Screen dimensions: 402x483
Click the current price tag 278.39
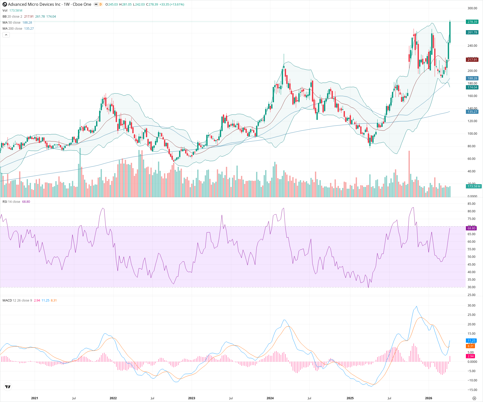pyautogui.click(x=472, y=22)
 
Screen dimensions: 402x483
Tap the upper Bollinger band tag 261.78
pyautogui.click(x=472, y=32)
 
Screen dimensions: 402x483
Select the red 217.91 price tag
pyautogui.click(x=472, y=60)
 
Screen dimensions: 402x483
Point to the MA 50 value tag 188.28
pyautogui.click(x=472, y=78)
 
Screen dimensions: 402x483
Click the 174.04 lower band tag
pyautogui.click(x=472, y=87)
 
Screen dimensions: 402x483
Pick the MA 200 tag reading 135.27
pyautogui.click(x=472, y=112)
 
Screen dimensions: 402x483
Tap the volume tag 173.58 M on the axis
pyautogui.click(x=474, y=186)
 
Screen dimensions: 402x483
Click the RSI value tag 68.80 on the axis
pyautogui.click(x=471, y=228)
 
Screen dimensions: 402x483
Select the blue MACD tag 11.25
pyautogui.click(x=471, y=341)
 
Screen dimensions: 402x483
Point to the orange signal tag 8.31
pyautogui.click(x=470, y=346)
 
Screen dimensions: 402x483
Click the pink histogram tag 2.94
pyautogui.click(x=470, y=356)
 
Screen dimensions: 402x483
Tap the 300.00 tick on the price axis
pyautogui.click(x=472, y=8)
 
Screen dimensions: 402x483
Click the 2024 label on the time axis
pyautogui.click(x=270, y=398)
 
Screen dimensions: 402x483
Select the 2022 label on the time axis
pyautogui.click(x=113, y=398)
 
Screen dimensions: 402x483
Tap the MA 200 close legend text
pyautogui.click(x=12, y=29)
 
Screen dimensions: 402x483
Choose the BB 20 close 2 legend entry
pyautogui.click(x=12, y=17)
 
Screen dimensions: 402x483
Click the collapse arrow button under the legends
pyautogui.click(x=6, y=35)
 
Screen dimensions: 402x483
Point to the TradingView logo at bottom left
pyautogui.click(x=8, y=387)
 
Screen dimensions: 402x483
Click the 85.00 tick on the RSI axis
pyautogui.click(x=471, y=204)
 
